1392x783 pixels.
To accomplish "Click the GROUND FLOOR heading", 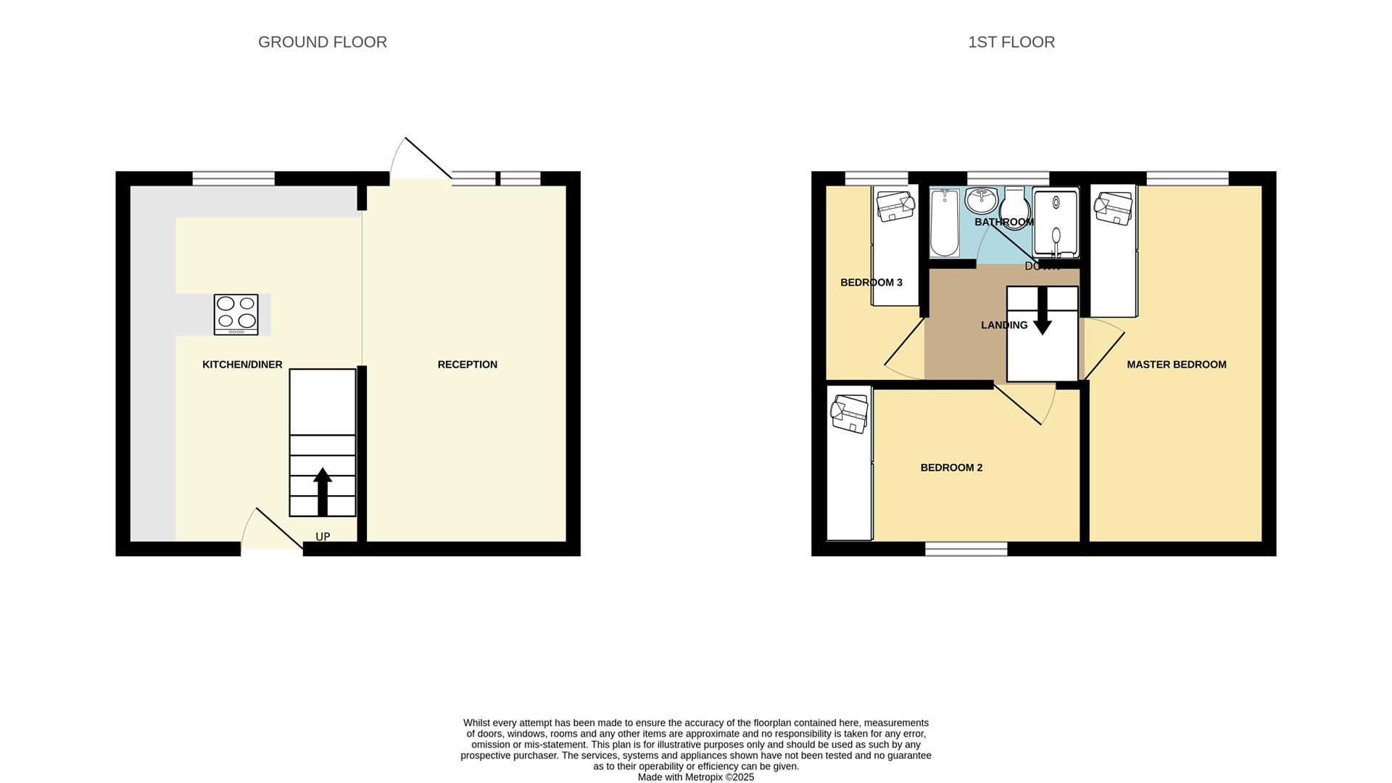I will [x=322, y=42].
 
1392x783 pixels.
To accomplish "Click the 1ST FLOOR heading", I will [x=1011, y=42].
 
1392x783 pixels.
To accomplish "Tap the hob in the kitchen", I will [x=236, y=314].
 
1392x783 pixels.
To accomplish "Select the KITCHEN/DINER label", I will [x=242, y=365].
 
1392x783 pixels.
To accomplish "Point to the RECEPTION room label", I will [x=467, y=365].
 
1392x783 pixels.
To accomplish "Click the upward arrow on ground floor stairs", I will [x=323, y=491].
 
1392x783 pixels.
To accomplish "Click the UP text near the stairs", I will [x=323, y=536].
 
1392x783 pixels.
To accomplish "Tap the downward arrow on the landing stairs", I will [x=1042, y=312].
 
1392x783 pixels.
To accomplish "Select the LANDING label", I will [x=1004, y=325].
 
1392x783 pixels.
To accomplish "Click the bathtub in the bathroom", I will [x=944, y=223].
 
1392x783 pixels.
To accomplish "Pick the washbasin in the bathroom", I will [x=981, y=199].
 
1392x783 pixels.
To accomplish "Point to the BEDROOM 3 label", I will [x=871, y=282].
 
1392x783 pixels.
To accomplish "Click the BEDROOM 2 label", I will [x=951, y=468].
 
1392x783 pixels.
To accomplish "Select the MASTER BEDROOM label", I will [x=1176, y=365].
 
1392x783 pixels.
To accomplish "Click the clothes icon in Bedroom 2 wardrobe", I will [x=850, y=413].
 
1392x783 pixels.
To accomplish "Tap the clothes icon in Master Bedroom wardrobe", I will [x=1113, y=208].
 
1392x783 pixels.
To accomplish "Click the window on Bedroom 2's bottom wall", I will [x=966, y=549].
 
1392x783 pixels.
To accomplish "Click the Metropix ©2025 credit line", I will [x=695, y=777].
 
